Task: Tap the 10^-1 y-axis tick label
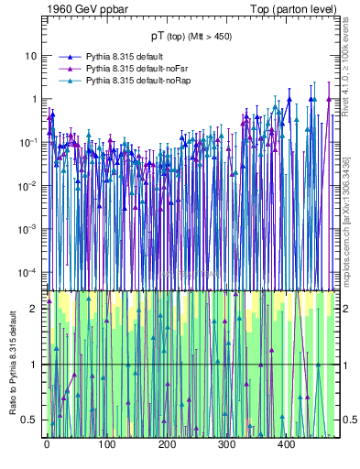click(x=30, y=142)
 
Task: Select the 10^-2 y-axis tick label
click(x=30, y=185)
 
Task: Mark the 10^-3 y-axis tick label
click(x=30, y=229)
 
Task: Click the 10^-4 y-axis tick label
click(x=30, y=272)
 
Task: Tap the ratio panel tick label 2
click(x=36, y=309)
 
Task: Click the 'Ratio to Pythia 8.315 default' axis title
click(x=12, y=362)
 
